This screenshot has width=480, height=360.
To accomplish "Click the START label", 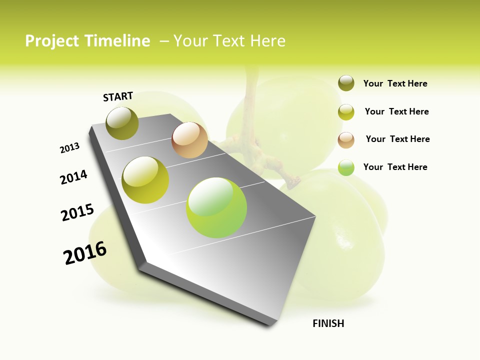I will [x=118, y=96].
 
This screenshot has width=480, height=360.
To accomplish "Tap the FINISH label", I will [x=328, y=323].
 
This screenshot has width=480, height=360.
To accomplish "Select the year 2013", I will [x=69, y=148].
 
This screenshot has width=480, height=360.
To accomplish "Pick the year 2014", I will [x=73, y=177].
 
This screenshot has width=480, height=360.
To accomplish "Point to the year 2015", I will [x=77, y=212].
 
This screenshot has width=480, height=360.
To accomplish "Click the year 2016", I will [x=85, y=252].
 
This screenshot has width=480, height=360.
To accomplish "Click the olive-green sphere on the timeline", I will [x=122, y=123].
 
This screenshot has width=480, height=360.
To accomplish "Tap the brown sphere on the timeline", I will [x=189, y=140].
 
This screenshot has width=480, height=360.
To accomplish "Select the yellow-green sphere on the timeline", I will [x=145, y=180].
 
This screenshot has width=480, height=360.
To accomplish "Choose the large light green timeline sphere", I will [x=216, y=207].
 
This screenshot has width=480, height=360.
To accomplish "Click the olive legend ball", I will [x=346, y=83].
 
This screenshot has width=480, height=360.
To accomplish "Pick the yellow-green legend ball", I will [x=346, y=112].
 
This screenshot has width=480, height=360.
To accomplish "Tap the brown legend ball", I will [x=346, y=140].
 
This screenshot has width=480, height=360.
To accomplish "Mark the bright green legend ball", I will [x=346, y=167].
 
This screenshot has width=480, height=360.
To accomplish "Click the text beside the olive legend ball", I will [x=395, y=83].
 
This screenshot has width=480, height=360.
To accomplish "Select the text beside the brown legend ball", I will [x=397, y=139].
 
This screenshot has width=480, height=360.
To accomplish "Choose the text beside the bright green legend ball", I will [x=395, y=167].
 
